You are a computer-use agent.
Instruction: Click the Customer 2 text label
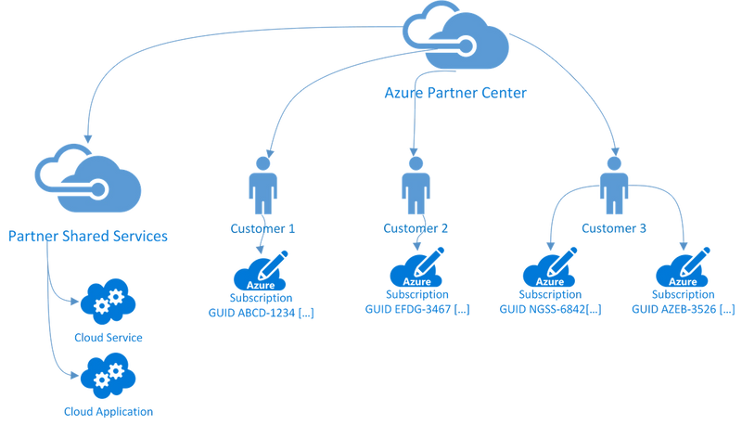[414, 226]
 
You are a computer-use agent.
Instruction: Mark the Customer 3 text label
[611, 226]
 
